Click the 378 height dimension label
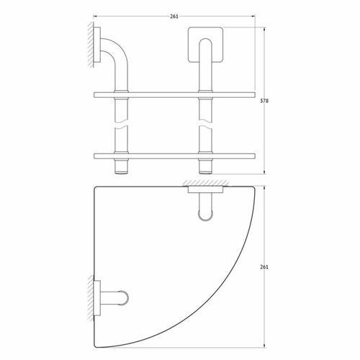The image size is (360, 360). click(264, 101)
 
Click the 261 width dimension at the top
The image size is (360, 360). click(174, 17)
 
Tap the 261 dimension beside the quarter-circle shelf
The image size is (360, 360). click(264, 267)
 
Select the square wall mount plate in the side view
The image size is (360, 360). click(206, 45)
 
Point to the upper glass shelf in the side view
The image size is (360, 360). click(174, 95)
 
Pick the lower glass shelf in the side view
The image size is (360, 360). click(174, 156)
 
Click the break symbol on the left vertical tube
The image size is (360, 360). click(122, 123)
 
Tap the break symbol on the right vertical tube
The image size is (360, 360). click(206, 123)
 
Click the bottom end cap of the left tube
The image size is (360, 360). click(122, 172)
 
